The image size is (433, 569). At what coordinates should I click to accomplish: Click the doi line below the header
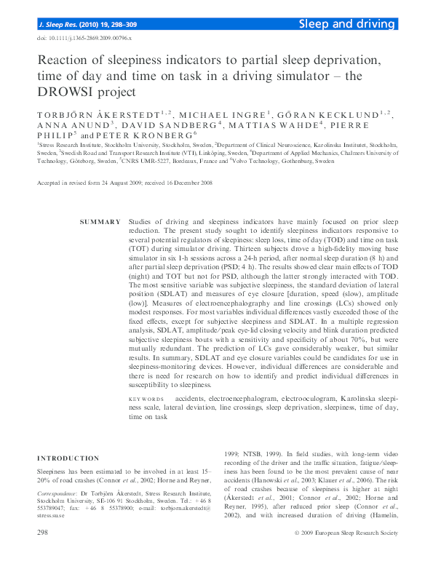click(84, 39)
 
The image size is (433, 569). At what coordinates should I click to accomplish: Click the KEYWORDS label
click(146, 399)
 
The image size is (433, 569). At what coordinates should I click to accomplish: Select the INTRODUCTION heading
click(68, 458)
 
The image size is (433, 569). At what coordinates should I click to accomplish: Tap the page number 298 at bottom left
click(42, 554)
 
